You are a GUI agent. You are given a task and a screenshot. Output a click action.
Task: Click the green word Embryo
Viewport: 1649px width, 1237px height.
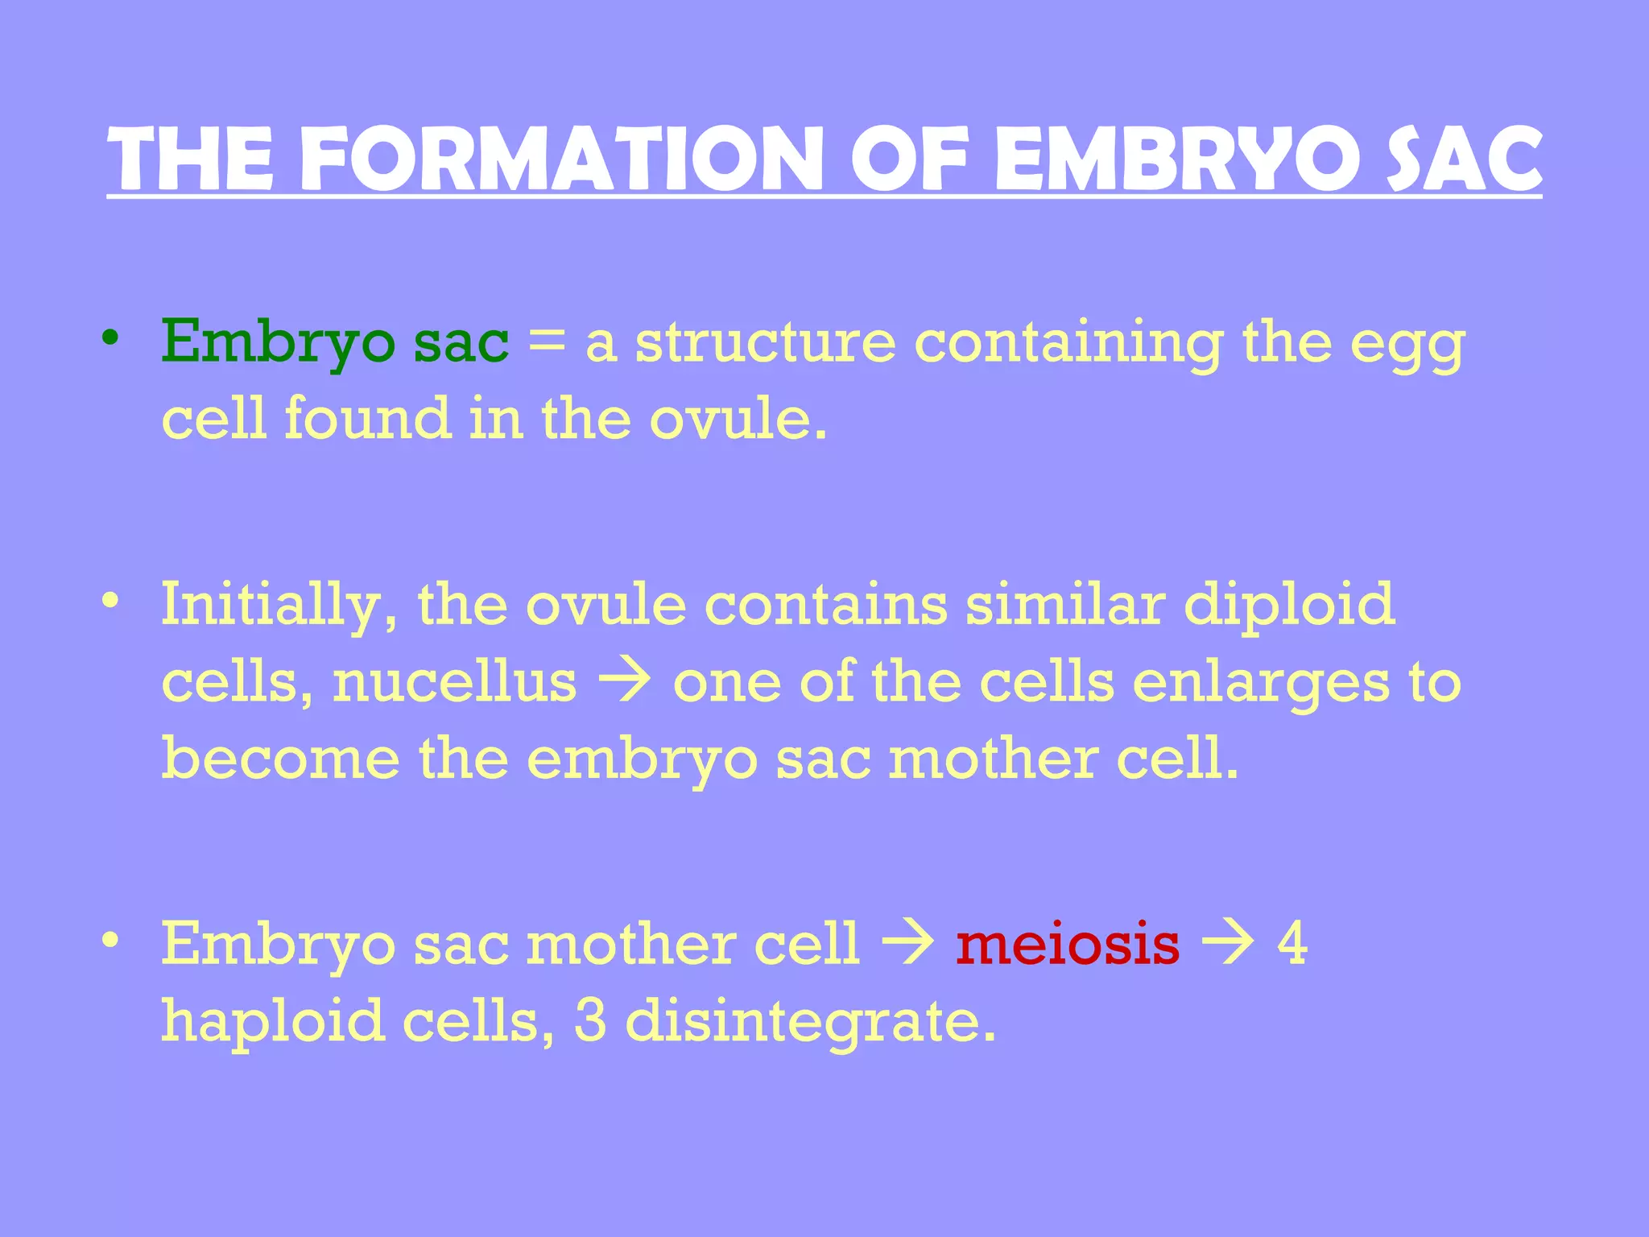pyautogui.click(x=278, y=343)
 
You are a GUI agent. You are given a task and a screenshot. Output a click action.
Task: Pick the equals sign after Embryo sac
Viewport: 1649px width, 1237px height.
pyautogui.click(x=547, y=343)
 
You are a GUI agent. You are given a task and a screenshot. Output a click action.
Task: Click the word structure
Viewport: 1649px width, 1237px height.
pyautogui.click(x=765, y=343)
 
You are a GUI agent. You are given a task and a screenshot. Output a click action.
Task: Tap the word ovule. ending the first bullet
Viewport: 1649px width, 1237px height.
pyautogui.click(x=738, y=420)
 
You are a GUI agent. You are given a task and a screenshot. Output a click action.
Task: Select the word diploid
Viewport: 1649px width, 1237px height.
pyautogui.click(x=1288, y=604)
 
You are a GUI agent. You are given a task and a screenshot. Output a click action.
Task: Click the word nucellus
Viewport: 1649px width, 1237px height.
pyautogui.click(x=455, y=683)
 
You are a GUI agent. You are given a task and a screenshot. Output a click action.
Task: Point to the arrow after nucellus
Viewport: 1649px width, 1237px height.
pyautogui.click(x=625, y=683)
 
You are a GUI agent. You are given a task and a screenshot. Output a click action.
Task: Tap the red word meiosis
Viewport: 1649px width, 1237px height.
pyautogui.click(x=1068, y=944)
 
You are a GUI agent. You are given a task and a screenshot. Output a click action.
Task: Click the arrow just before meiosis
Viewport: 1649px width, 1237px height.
pyautogui.click(x=907, y=944)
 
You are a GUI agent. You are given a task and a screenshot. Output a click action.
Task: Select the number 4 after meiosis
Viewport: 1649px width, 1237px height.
pyautogui.click(x=1292, y=944)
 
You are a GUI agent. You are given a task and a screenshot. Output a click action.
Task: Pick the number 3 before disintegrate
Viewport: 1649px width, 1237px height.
pyautogui.click(x=590, y=1021)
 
